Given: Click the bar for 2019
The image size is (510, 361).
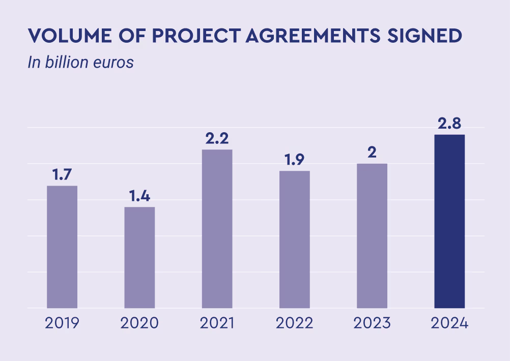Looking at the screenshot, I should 62,247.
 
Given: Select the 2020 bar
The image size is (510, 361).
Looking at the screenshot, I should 139,257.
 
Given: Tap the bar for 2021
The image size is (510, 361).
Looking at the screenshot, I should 217,229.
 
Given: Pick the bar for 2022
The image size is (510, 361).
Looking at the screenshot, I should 295,239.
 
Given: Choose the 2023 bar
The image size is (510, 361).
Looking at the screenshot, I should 372,236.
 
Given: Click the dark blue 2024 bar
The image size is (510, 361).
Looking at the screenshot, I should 449,221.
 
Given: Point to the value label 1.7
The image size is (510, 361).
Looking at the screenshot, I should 62,175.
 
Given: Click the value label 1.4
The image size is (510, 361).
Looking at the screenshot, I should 139,196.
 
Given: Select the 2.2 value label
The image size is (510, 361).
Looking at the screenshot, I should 217,139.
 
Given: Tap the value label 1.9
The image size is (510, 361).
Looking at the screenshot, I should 295,160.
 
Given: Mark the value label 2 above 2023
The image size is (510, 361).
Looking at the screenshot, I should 372,153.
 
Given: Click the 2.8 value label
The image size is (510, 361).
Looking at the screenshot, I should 449,124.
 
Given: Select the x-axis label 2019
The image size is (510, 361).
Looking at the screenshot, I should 62,323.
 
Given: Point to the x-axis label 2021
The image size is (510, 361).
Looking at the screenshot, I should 217,323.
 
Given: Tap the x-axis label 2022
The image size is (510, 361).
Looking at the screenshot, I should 295,323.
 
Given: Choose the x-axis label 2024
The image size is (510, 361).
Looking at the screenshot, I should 449,323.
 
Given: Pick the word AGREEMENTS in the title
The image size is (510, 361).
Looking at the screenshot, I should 311,36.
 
